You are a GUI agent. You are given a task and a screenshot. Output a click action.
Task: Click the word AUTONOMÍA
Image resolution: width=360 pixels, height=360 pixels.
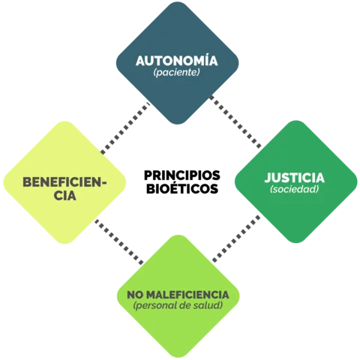[x=176, y=61]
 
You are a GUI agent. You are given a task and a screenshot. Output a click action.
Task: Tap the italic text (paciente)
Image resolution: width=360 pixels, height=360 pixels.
[x=176, y=74]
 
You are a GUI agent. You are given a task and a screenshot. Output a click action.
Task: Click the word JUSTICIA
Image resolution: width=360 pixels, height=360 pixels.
[x=294, y=178]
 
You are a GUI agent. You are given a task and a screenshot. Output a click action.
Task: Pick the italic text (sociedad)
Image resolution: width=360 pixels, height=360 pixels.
[x=294, y=190]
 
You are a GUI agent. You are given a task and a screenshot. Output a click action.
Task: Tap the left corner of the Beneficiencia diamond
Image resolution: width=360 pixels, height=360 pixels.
[x=4, y=183]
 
